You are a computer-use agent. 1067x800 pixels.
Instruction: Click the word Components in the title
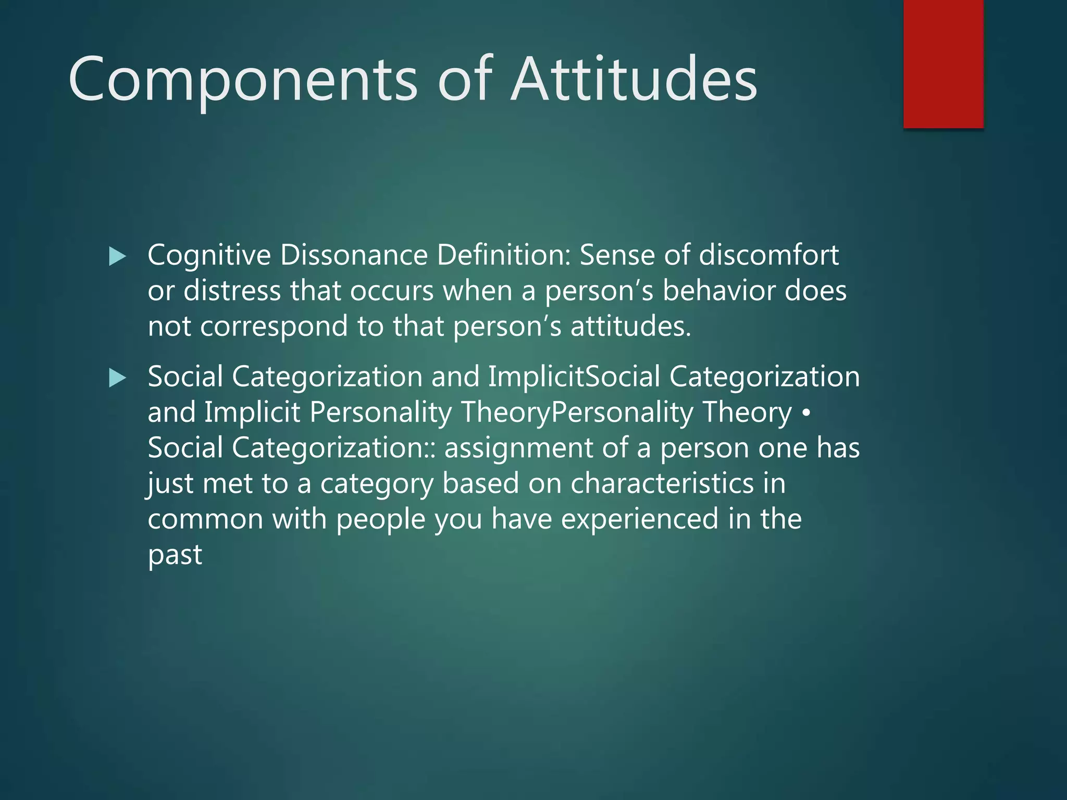[242, 80]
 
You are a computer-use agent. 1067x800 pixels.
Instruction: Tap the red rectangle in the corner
[943, 64]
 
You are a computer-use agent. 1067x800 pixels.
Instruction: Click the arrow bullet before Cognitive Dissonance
[118, 256]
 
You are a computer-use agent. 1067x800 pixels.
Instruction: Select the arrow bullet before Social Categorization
[118, 378]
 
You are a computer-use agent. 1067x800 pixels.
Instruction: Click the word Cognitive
[209, 256]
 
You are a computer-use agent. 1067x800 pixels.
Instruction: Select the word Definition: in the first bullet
[503, 256]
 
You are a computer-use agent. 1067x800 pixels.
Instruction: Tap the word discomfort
[768, 256]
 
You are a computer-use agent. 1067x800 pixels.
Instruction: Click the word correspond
[274, 327]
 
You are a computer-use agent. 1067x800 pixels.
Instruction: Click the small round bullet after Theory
[806, 413]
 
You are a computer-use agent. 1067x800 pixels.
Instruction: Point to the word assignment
[518, 448]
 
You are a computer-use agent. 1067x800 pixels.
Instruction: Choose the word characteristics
[662, 483]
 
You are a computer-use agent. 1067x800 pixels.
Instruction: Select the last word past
[175, 555]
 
